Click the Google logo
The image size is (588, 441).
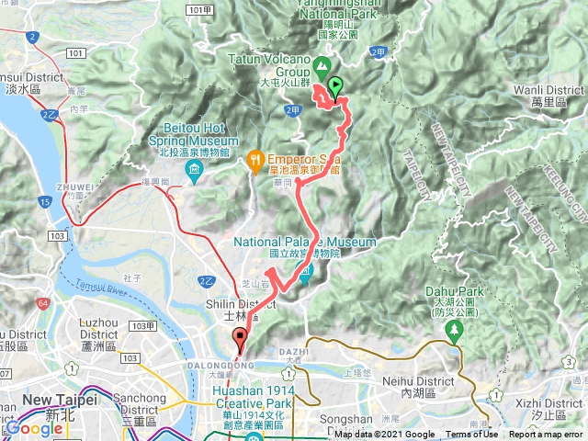pos(34,429)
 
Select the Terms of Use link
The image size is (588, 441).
pos(471,435)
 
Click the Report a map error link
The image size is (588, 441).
pos(547,435)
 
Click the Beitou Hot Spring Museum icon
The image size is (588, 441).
pos(195,171)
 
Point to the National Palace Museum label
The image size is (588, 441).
pos(292,243)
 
